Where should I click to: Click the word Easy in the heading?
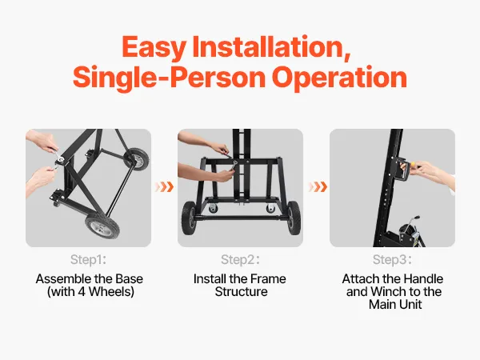(x=154, y=47)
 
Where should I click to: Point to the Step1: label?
(x=88, y=259)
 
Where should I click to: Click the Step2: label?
(x=240, y=259)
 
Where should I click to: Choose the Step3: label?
(x=392, y=259)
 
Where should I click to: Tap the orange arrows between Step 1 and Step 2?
(x=164, y=186)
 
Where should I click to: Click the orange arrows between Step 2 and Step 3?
(x=318, y=186)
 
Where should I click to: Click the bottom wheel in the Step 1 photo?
(x=102, y=226)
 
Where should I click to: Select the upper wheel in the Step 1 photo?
(x=137, y=159)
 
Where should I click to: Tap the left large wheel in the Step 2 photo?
(x=188, y=218)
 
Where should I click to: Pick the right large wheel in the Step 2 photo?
(x=294, y=218)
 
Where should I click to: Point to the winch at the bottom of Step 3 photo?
(x=408, y=234)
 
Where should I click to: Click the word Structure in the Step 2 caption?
(x=242, y=291)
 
